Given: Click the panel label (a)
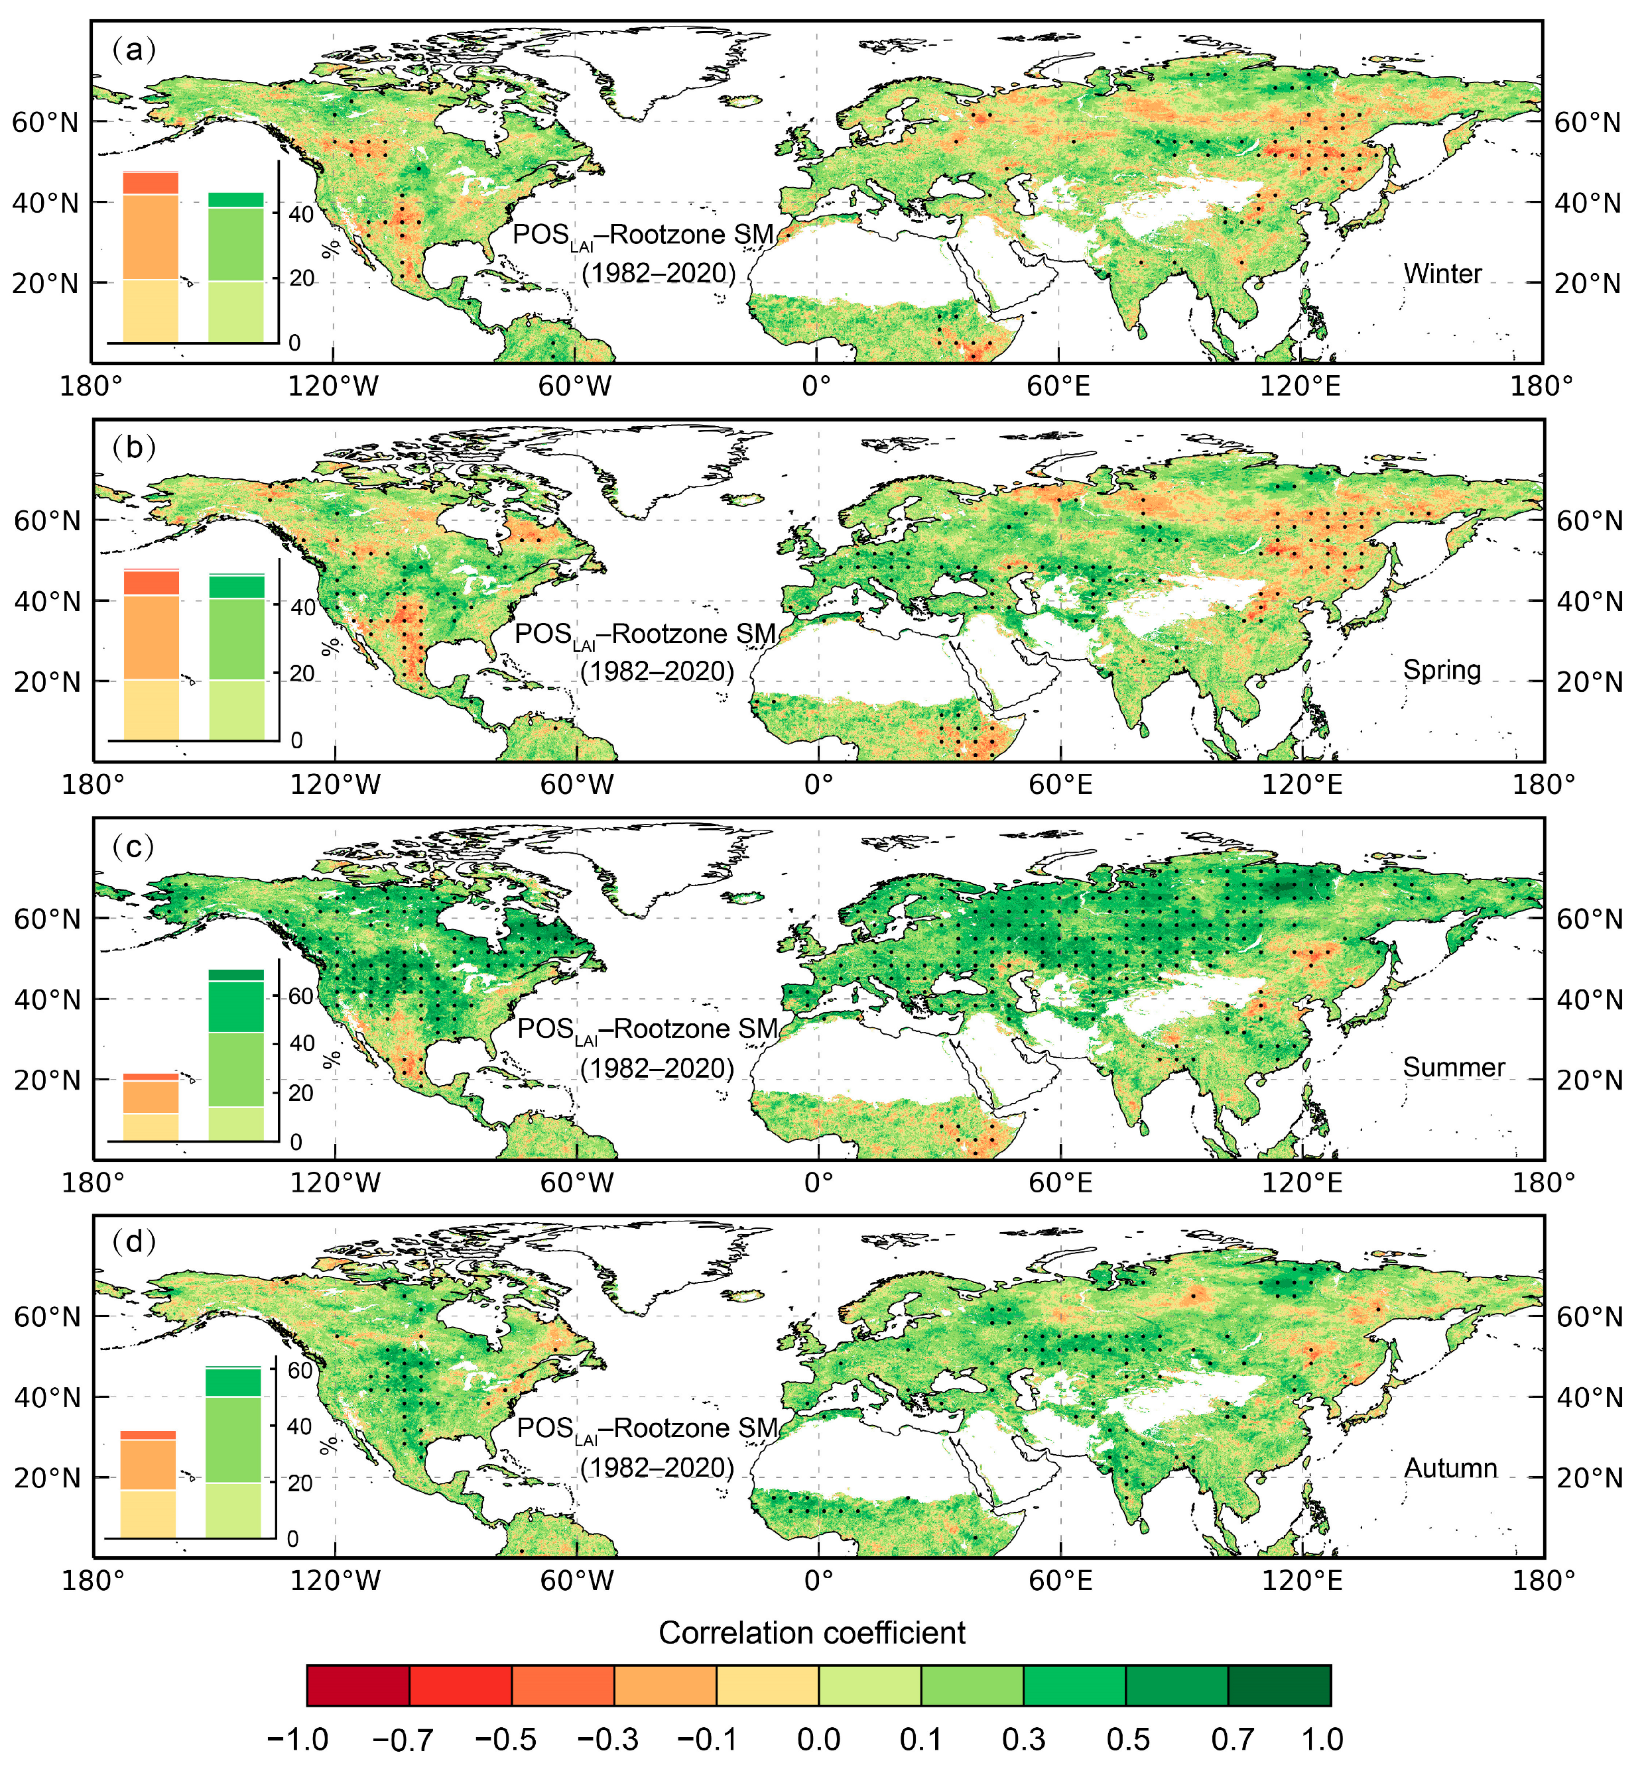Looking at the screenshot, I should (134, 50).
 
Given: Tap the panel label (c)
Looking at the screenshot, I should (134, 847).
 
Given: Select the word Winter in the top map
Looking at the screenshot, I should (1442, 274).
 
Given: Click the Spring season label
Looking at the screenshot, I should (1442, 669).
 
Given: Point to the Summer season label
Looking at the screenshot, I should (1453, 1067).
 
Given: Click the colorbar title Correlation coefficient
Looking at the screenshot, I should (812, 1632).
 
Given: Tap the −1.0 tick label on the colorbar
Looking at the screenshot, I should (298, 1738).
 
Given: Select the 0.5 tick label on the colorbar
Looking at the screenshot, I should (1127, 1738).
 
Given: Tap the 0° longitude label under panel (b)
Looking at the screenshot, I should (818, 785).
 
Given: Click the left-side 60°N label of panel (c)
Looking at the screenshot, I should (46, 918).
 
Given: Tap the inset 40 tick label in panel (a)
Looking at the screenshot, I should (301, 214).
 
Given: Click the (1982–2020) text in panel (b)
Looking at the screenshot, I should (657, 671).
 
